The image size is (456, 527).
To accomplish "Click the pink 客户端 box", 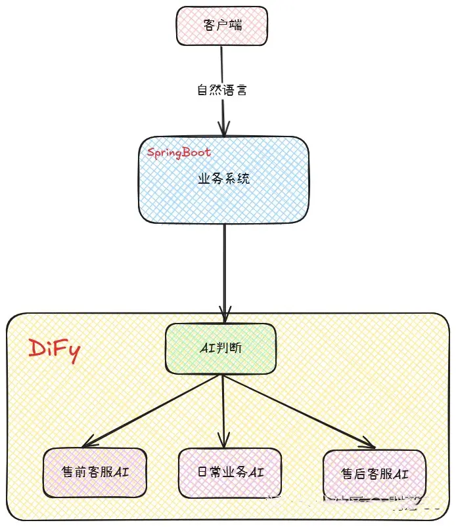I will click(221, 26).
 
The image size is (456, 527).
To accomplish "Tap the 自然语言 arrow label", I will click(223, 90).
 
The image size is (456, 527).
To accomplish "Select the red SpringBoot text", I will click(179, 152).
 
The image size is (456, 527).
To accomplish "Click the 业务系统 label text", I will click(224, 179).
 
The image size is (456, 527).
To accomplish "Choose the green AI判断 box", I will click(221, 348).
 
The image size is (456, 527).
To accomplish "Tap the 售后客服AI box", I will click(375, 474).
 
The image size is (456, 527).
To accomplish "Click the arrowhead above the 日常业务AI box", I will click(225, 442).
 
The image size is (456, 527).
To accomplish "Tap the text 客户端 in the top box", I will click(221, 26).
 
